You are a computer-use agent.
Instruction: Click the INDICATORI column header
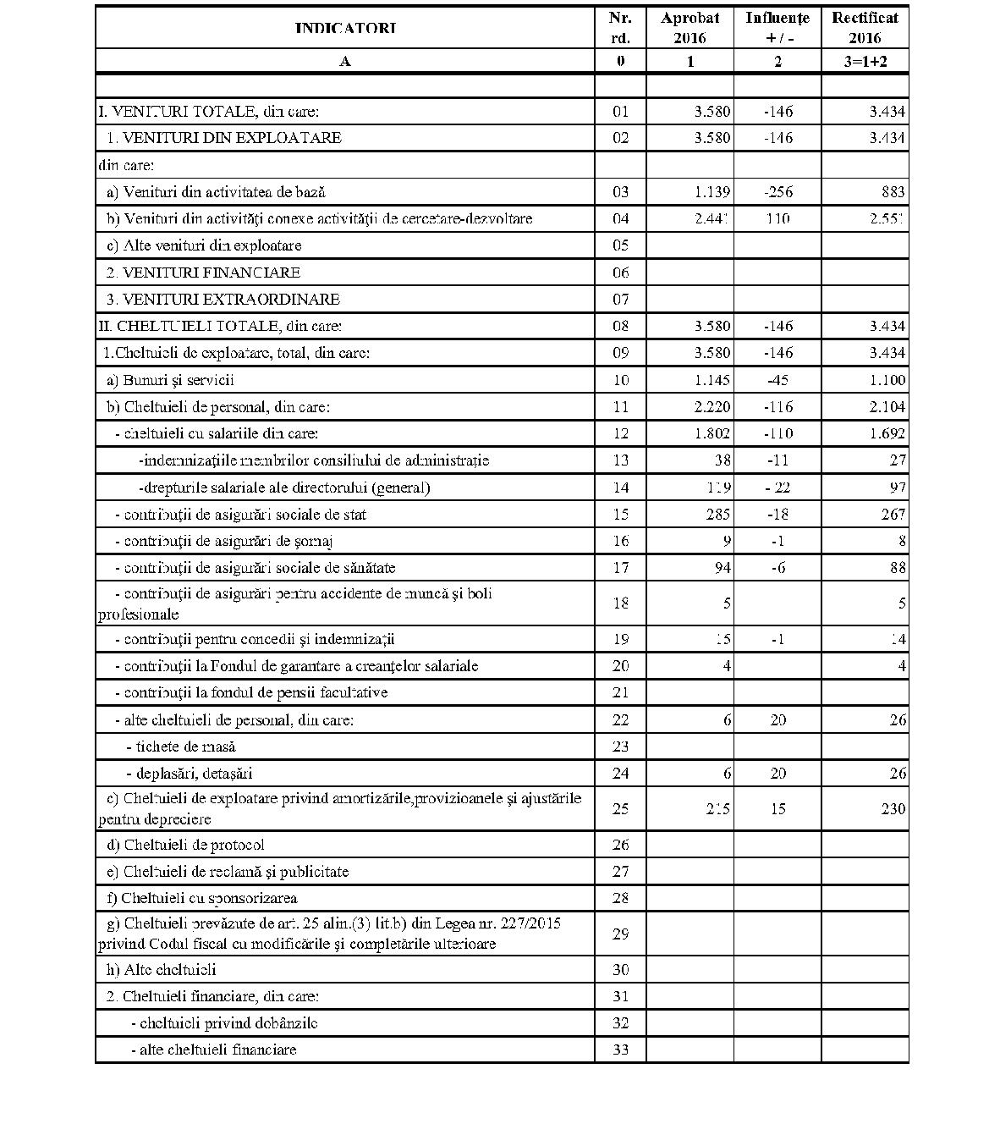point(345,28)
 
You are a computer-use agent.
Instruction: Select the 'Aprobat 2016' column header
point(690,28)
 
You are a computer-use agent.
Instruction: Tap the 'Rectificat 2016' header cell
point(864,28)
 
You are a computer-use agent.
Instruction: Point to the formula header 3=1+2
point(864,61)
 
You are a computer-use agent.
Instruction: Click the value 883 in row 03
point(892,192)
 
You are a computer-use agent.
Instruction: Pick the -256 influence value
point(777,192)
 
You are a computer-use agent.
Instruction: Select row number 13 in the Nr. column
point(620,460)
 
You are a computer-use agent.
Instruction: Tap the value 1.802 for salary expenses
point(712,433)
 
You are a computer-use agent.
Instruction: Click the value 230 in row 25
point(892,809)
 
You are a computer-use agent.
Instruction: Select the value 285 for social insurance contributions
point(717,515)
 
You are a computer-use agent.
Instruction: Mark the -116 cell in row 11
point(777,407)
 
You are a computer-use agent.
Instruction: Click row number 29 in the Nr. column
point(620,934)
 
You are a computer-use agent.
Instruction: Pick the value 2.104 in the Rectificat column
point(887,407)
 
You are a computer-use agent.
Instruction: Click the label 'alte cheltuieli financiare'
point(213,1050)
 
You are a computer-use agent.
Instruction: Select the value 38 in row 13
point(722,460)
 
